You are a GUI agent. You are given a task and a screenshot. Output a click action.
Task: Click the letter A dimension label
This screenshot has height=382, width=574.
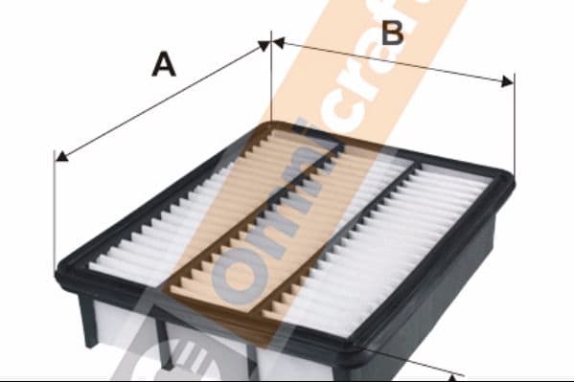tap(164, 64)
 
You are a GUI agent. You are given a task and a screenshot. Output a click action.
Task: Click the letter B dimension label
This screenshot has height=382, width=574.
tap(392, 33)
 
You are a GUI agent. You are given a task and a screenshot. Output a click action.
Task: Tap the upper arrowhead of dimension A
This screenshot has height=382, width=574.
tap(264, 45)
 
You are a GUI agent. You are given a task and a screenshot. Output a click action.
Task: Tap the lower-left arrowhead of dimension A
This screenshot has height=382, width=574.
tap(61, 156)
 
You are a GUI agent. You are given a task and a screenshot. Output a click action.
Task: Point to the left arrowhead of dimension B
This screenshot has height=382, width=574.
tap(279, 42)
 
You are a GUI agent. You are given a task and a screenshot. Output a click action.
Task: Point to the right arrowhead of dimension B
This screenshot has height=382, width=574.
tap(507, 82)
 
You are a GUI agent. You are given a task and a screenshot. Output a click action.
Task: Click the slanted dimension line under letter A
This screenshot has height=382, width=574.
tap(163, 101)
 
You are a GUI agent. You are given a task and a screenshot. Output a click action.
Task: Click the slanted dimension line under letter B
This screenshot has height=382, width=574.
tap(393, 62)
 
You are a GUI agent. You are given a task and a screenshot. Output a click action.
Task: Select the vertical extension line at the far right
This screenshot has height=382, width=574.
tap(515, 124)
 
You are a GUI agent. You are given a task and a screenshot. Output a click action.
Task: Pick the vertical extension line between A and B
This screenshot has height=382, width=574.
tap(271, 76)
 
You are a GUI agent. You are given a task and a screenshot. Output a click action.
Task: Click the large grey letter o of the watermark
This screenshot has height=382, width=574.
tap(240, 277)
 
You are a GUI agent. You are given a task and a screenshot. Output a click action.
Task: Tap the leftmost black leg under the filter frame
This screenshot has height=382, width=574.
tap(88, 319)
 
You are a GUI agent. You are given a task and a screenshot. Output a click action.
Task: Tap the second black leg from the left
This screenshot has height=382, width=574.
tap(164, 340)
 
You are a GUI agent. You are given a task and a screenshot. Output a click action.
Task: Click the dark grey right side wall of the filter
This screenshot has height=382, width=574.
tap(432, 293)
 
